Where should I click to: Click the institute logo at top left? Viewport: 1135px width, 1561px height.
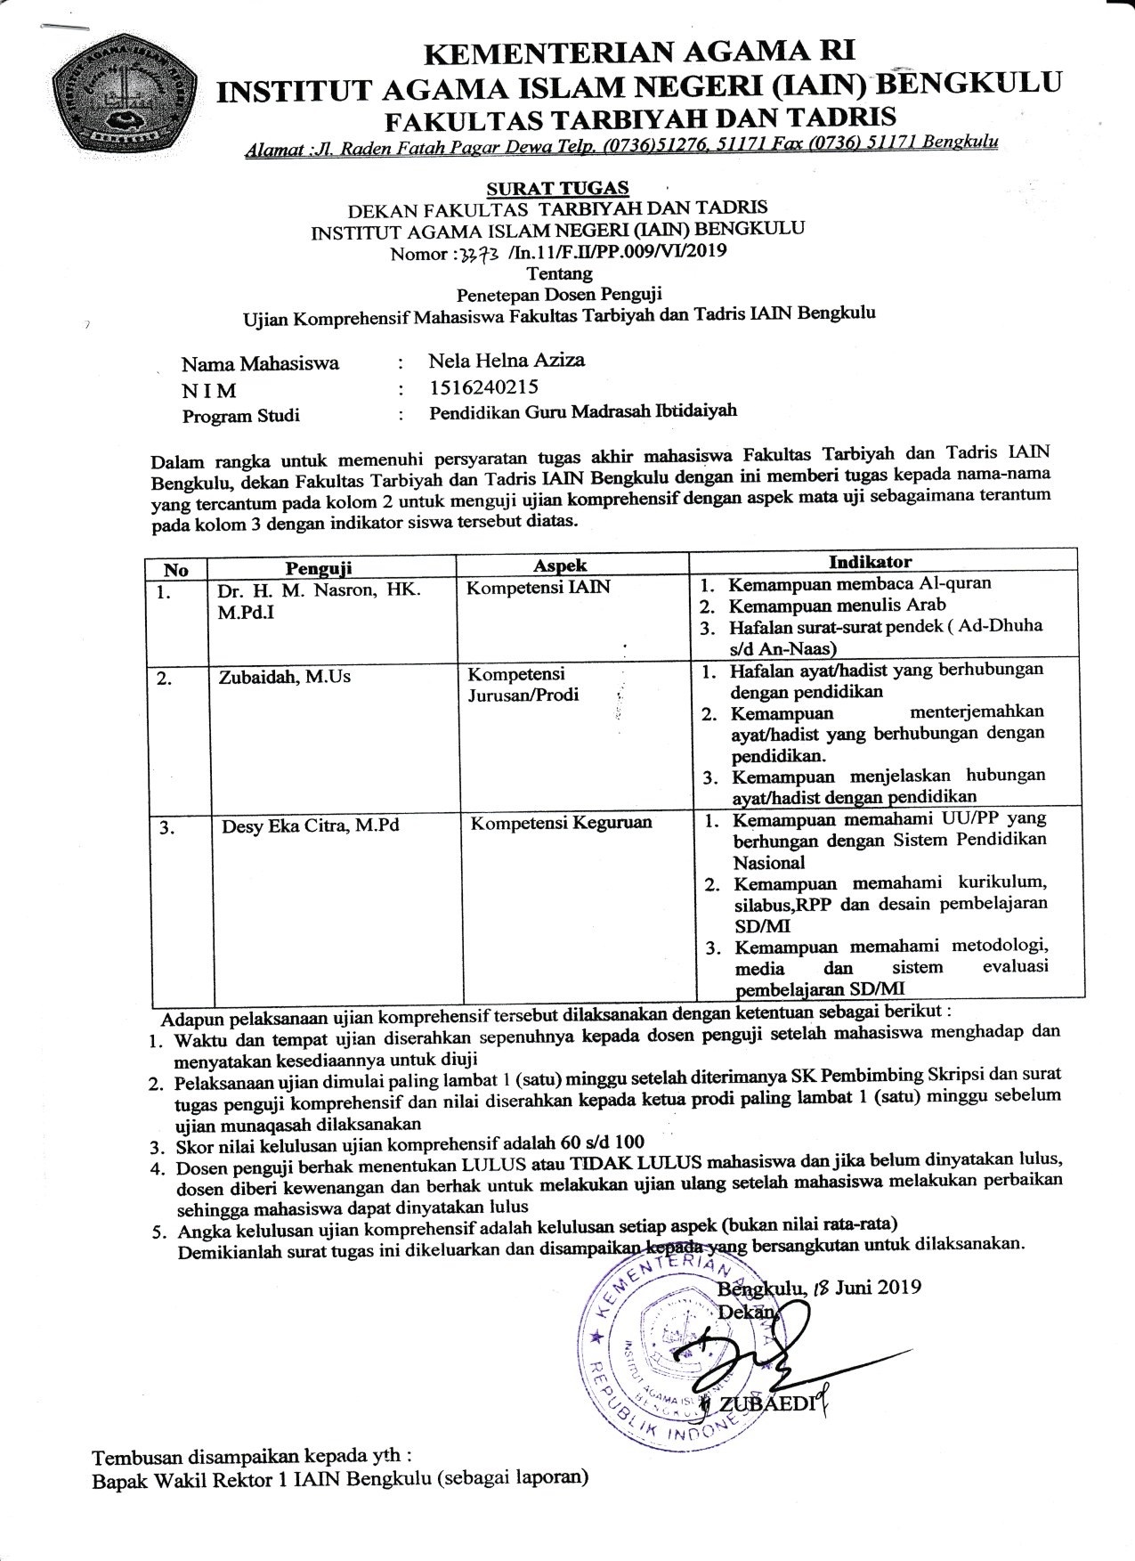126,92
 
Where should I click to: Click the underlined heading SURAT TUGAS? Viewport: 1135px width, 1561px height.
558,188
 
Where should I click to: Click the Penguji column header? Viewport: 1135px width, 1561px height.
319,567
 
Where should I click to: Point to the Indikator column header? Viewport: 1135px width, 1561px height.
870,562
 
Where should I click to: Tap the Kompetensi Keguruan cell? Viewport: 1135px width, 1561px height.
561,823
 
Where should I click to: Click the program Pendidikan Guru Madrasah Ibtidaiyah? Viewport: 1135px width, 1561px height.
583,412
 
